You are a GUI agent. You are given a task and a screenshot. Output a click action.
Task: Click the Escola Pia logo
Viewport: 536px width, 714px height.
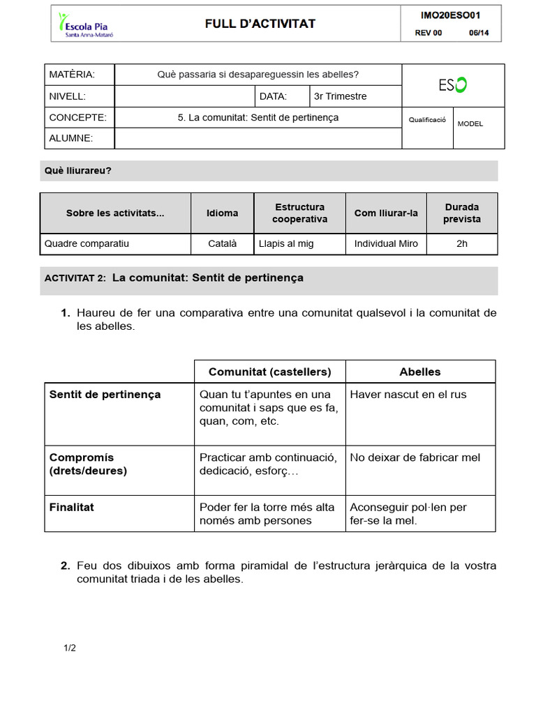tap(85, 24)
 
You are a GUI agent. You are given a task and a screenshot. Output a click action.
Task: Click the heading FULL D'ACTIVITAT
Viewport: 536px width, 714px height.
tap(260, 24)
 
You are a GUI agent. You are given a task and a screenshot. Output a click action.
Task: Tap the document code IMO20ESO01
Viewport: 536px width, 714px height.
tap(450, 15)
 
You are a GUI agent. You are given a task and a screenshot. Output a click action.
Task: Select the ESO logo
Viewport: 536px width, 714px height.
tap(453, 85)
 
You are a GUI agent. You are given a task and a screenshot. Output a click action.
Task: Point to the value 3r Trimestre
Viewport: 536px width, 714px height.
tap(341, 96)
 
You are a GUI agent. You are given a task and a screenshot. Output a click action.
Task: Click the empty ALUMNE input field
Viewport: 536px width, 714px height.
tap(258, 138)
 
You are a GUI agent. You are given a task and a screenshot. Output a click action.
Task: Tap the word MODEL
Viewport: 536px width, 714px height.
tap(470, 123)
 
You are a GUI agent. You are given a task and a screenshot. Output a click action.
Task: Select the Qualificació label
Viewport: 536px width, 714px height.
tap(427, 120)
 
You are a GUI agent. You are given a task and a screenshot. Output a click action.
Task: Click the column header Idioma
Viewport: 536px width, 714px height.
tap(222, 213)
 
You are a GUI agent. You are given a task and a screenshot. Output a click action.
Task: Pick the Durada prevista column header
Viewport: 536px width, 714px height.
tap(461, 213)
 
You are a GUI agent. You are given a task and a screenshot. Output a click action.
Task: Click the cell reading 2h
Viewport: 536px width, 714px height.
tap(461, 244)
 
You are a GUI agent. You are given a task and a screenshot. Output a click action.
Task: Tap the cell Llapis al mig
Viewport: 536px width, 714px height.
tap(286, 244)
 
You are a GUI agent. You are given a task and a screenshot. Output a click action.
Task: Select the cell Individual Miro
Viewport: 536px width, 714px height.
tap(386, 244)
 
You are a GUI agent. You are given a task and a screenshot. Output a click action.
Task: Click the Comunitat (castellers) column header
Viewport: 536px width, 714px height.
tap(269, 372)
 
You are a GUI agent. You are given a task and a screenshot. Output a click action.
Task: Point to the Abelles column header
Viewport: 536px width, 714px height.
tap(419, 372)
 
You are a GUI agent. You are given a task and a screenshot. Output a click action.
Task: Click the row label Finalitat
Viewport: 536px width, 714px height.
tap(72, 507)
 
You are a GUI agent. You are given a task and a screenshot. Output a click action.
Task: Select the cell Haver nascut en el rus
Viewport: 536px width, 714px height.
tap(408, 395)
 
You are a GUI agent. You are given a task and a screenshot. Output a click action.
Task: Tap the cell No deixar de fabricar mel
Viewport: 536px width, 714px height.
tap(415, 457)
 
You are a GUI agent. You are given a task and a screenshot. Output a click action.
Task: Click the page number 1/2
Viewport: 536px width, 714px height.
tap(70, 648)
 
